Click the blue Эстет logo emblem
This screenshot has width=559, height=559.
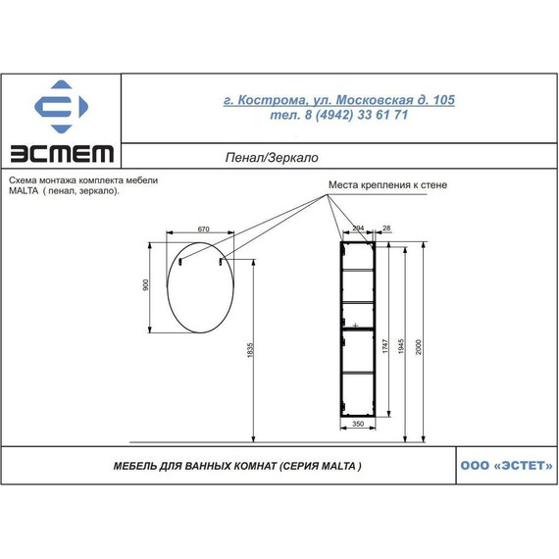point(61,107)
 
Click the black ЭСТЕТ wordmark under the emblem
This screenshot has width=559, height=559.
point(62,154)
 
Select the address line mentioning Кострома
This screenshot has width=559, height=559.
point(339,100)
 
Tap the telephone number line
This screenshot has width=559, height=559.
point(339,115)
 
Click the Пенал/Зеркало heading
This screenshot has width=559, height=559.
point(272,158)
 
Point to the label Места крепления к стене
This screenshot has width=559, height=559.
point(387,185)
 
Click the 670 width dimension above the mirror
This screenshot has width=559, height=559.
point(204,229)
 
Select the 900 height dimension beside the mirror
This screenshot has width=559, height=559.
point(145,284)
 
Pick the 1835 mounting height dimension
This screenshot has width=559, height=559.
point(250,350)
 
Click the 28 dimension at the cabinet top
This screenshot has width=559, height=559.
point(386,229)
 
